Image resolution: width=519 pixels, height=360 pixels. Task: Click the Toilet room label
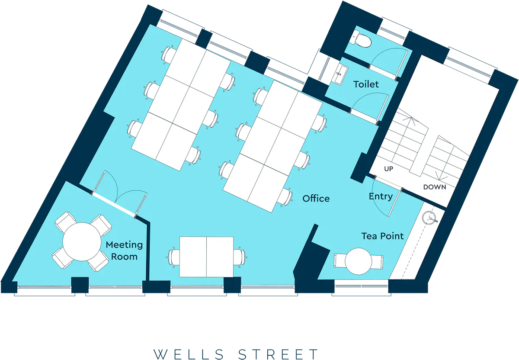click(x=366, y=84)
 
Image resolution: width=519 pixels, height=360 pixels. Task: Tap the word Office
click(x=316, y=199)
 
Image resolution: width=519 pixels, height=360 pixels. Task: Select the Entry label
click(x=381, y=196)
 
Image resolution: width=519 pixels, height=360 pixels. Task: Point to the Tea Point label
click(x=382, y=236)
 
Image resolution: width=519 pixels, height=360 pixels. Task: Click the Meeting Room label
click(x=124, y=251)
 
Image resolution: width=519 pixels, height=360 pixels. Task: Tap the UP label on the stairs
click(x=388, y=169)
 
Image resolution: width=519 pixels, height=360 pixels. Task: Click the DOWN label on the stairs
click(x=434, y=187)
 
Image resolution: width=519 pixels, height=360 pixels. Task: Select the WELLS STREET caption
click(x=236, y=354)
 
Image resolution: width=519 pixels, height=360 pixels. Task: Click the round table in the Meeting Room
click(x=82, y=241)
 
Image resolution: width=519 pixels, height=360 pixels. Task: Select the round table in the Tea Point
click(x=359, y=261)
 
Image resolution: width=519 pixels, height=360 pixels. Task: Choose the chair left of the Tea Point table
click(x=339, y=261)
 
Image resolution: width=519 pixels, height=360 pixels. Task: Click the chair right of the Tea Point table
click(x=377, y=262)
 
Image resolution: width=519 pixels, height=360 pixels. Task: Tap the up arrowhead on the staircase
click(x=410, y=119)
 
